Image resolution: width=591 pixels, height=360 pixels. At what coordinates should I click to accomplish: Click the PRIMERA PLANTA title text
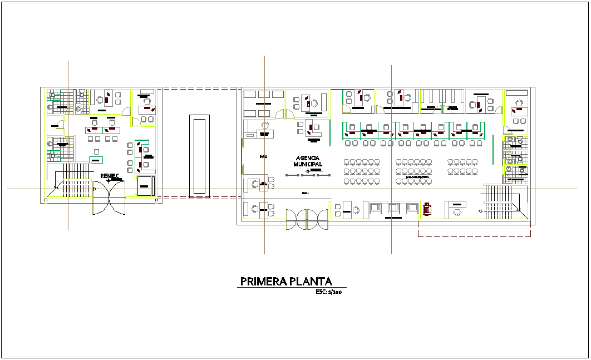pyautogui.click(x=285, y=282)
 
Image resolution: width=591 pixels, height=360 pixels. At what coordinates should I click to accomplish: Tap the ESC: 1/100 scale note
pyautogui.click(x=328, y=292)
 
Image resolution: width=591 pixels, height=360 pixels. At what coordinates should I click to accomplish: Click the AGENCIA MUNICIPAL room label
pyautogui.click(x=308, y=161)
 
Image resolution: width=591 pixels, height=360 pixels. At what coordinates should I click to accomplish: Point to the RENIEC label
pyautogui.click(x=109, y=176)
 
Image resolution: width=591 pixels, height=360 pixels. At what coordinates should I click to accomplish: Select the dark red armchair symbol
pyautogui.click(x=427, y=209)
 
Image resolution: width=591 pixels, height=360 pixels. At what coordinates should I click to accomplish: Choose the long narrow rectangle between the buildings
pyautogui.click(x=199, y=156)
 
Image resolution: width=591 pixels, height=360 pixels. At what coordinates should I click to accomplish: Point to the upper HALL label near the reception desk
pyautogui.click(x=263, y=156)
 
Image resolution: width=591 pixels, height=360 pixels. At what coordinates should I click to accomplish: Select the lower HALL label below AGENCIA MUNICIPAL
pyautogui.click(x=305, y=193)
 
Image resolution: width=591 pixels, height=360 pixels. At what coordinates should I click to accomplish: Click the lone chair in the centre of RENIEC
pyautogui.click(x=97, y=151)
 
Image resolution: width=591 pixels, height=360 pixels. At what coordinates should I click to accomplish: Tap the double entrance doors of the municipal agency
pyautogui.click(x=307, y=218)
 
